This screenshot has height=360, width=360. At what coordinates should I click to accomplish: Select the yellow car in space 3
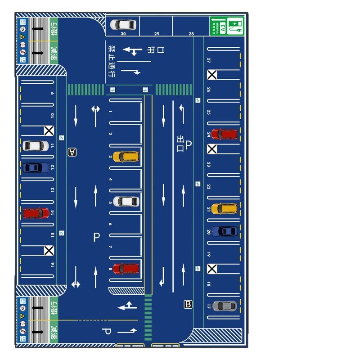click(x=126, y=157)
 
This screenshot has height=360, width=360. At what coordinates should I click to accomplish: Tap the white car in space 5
click(x=126, y=201)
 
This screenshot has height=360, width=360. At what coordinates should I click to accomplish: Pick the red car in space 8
click(x=126, y=269)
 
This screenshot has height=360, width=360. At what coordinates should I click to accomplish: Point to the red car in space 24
click(x=224, y=134)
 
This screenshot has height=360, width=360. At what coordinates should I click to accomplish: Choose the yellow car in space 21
click(x=224, y=209)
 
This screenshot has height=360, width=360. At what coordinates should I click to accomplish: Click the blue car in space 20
click(x=224, y=231)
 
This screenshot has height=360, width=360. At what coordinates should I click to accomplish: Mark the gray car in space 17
click(x=224, y=306)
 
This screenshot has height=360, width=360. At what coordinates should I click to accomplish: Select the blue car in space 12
click(x=36, y=167)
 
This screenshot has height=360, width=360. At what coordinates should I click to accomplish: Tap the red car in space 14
click(x=36, y=212)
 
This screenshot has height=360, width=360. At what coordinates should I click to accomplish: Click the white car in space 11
click(x=36, y=146)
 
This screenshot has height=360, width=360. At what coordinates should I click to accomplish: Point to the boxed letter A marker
click(x=72, y=152)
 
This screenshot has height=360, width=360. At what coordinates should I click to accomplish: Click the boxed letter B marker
click(x=188, y=305)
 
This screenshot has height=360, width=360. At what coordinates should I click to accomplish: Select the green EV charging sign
click(x=227, y=26)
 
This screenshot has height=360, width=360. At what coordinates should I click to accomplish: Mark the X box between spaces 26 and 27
click(x=211, y=75)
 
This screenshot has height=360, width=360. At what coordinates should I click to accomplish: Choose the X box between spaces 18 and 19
click(x=211, y=269)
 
